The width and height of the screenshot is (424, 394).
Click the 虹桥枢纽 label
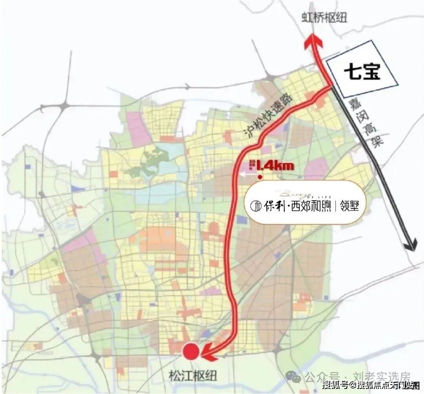tap(324, 18)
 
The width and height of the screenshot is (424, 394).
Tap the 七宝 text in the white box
tap(362, 72)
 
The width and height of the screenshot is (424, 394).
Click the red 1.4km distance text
tap(275, 166)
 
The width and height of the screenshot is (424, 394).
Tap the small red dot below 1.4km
tap(260, 178)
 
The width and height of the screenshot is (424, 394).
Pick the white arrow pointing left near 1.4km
tap(246, 177)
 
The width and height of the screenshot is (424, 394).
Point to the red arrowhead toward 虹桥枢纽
tap(314, 41)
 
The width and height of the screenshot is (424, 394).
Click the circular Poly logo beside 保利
tap(256, 205)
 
